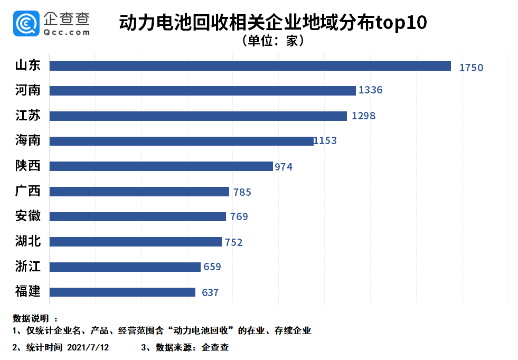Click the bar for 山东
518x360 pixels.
click(250, 66)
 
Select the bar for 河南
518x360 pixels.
click(202, 91)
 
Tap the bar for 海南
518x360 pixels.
click(181, 141)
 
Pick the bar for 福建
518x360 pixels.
click(122, 292)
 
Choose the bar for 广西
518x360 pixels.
click(139, 191)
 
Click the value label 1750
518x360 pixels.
click(471, 68)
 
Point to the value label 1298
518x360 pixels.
click(363, 116)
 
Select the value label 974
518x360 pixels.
click(283, 167)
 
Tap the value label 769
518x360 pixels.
click(239, 216)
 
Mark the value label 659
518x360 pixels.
click(212, 267)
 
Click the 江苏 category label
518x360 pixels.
click(28, 116)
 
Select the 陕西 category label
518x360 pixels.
click(28, 166)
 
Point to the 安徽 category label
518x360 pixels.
click(28, 216)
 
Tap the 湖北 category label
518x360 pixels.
click(28, 241)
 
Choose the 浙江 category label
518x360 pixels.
click(28, 267)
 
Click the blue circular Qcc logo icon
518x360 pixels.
click(26, 23)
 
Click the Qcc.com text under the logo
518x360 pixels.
click(67, 32)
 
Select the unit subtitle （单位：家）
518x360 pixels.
click(273, 41)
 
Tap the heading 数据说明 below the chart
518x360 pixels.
click(31, 318)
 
